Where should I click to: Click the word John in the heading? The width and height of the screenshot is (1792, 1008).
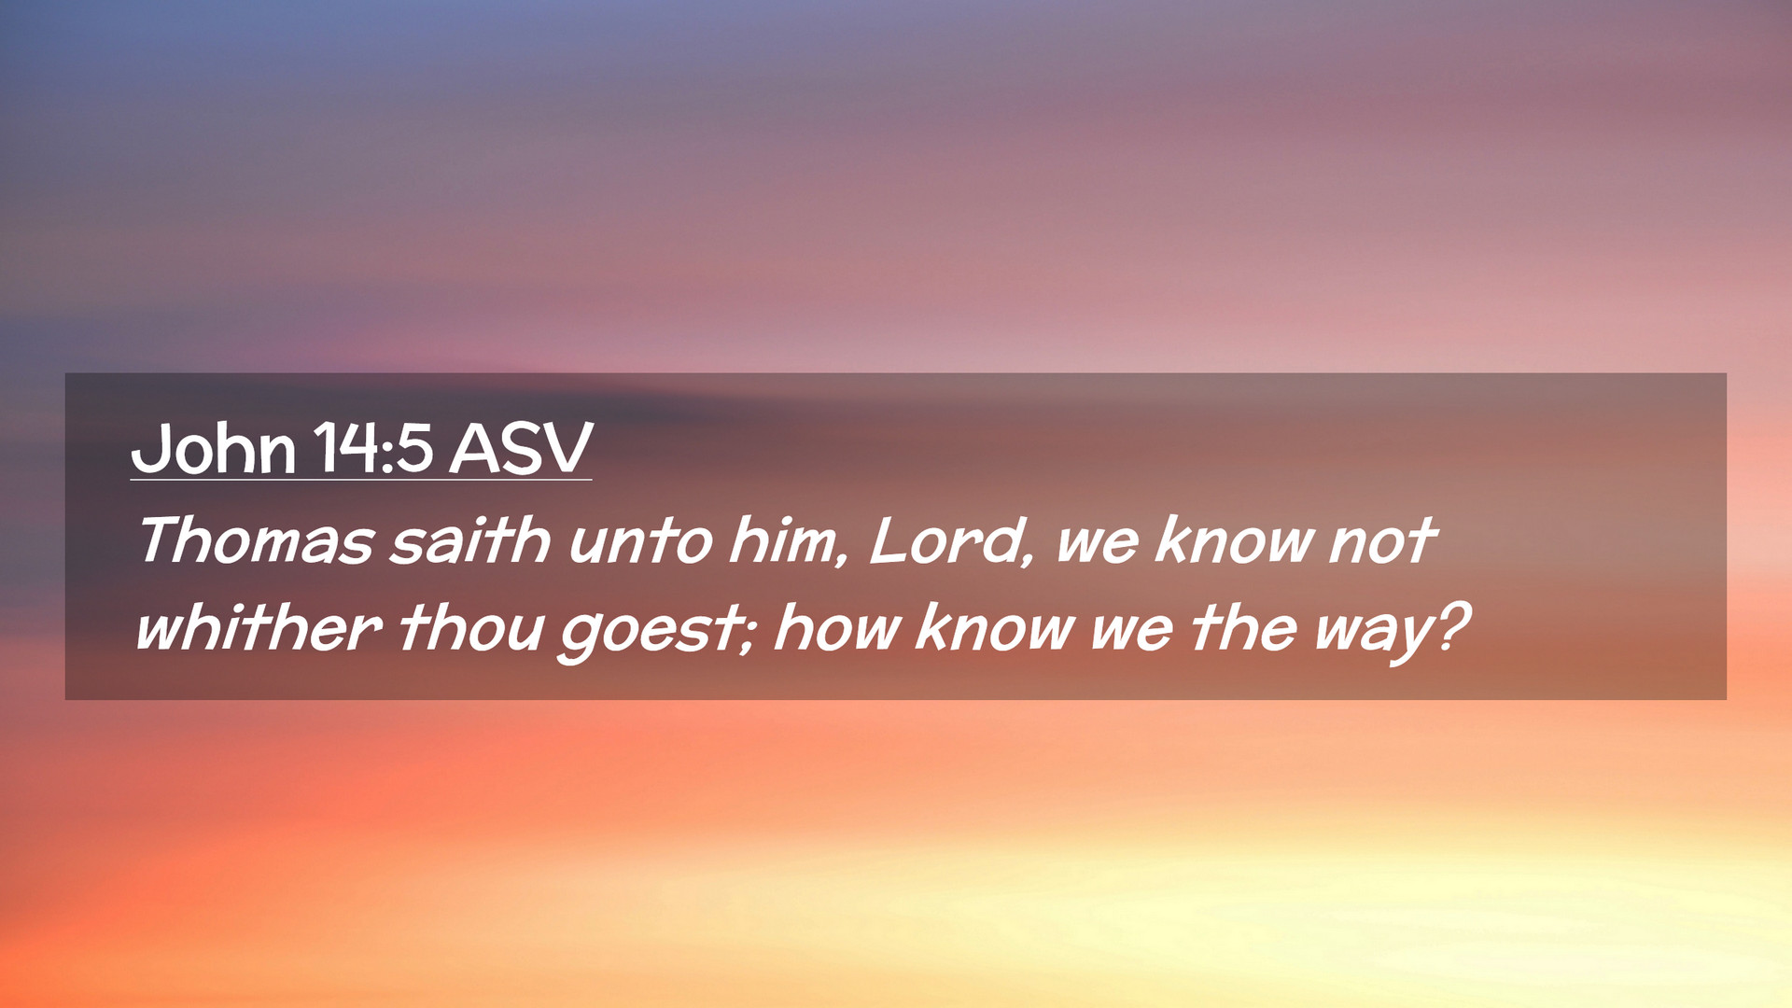pos(214,449)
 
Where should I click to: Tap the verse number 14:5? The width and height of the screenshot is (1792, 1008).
pos(372,449)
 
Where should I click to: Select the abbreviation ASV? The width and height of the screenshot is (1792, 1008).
pos(521,449)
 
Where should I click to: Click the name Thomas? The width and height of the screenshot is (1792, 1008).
pos(255,540)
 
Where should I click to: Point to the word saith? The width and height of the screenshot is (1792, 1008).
pos(469,540)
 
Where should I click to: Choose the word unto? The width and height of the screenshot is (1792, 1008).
pos(640,541)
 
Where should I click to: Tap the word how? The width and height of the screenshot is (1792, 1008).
pos(836,627)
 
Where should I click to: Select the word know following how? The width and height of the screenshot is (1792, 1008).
pos(995,627)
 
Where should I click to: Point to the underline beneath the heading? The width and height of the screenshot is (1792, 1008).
pos(361,480)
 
